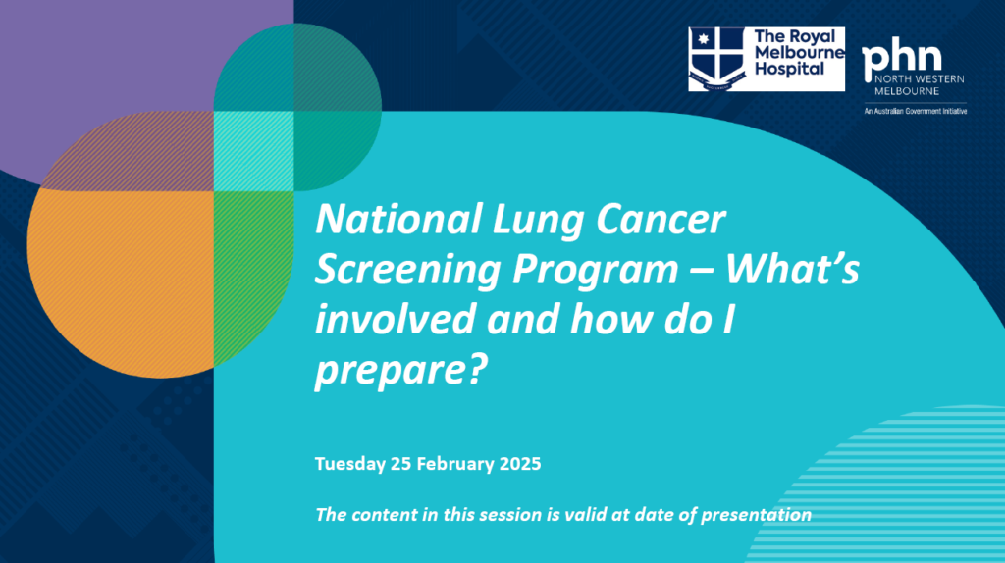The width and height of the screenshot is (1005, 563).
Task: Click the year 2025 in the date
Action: pos(516,464)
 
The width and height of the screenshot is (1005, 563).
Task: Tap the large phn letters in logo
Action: pos(900,61)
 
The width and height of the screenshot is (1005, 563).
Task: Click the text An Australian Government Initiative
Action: pos(914,112)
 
